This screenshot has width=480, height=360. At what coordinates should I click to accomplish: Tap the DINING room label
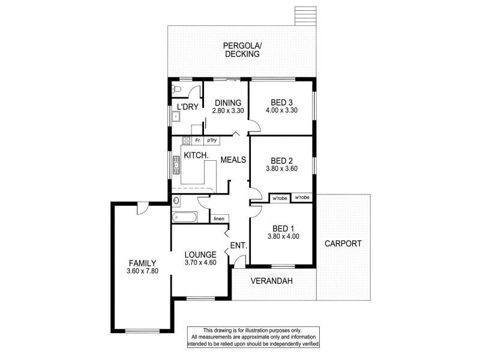229,103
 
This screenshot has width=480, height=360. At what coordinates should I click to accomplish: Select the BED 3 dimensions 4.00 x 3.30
281,111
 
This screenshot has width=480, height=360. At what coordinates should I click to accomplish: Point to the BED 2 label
281,160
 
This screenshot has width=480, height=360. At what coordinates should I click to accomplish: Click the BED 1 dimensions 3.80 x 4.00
283,236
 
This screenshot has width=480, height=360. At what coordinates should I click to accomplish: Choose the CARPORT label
343,244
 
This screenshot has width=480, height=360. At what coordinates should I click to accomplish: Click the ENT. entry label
239,245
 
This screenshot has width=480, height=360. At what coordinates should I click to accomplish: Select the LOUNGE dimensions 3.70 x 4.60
200,263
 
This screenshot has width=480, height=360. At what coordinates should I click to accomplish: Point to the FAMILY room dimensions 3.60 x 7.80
142,271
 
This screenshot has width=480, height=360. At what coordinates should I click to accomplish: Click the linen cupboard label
219,218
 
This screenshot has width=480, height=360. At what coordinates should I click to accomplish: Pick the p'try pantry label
211,140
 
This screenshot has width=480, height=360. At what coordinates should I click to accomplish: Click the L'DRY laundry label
187,107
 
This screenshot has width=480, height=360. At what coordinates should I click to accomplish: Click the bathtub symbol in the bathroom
184,218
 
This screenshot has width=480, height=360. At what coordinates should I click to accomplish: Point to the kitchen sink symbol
176,164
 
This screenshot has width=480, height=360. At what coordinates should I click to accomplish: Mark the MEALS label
233,160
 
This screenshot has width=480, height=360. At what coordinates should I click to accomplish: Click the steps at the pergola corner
305,16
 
